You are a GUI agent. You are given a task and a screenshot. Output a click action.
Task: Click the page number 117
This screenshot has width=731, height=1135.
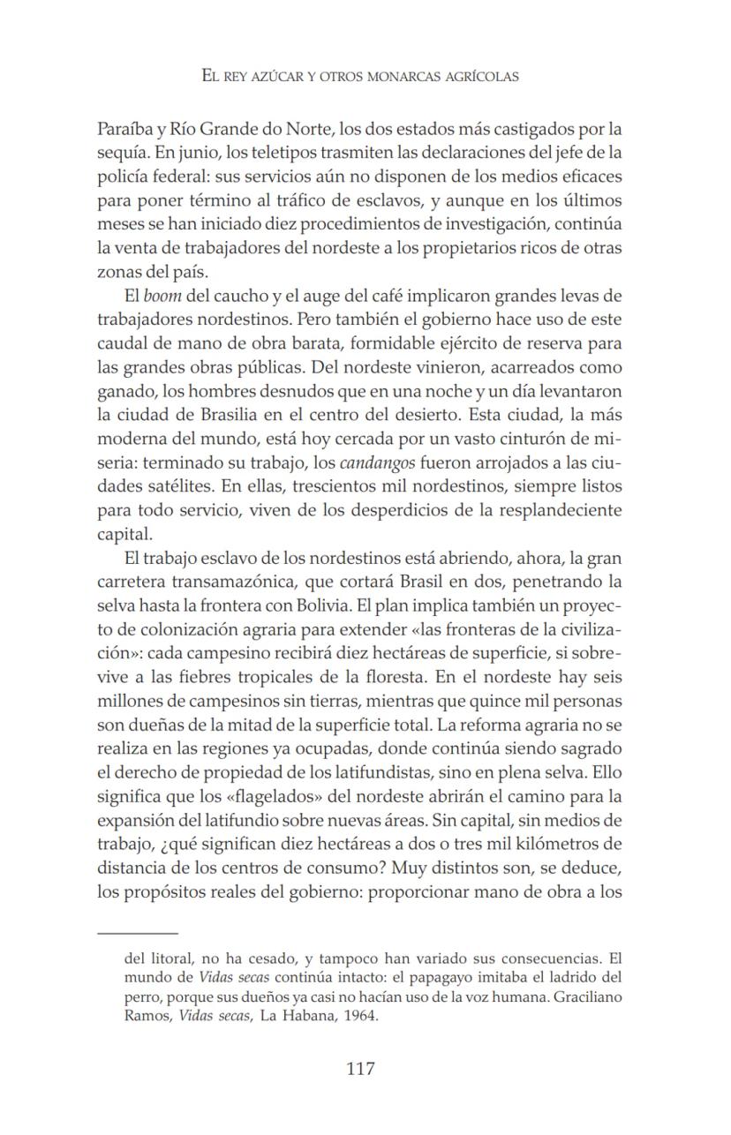[360, 1069]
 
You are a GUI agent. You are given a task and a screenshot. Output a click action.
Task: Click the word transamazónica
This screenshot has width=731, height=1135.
[231, 581]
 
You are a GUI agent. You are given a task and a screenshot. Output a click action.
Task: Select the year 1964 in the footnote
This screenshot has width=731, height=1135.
[358, 1014]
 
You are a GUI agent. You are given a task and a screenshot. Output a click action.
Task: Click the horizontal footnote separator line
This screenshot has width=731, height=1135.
[138, 932]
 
